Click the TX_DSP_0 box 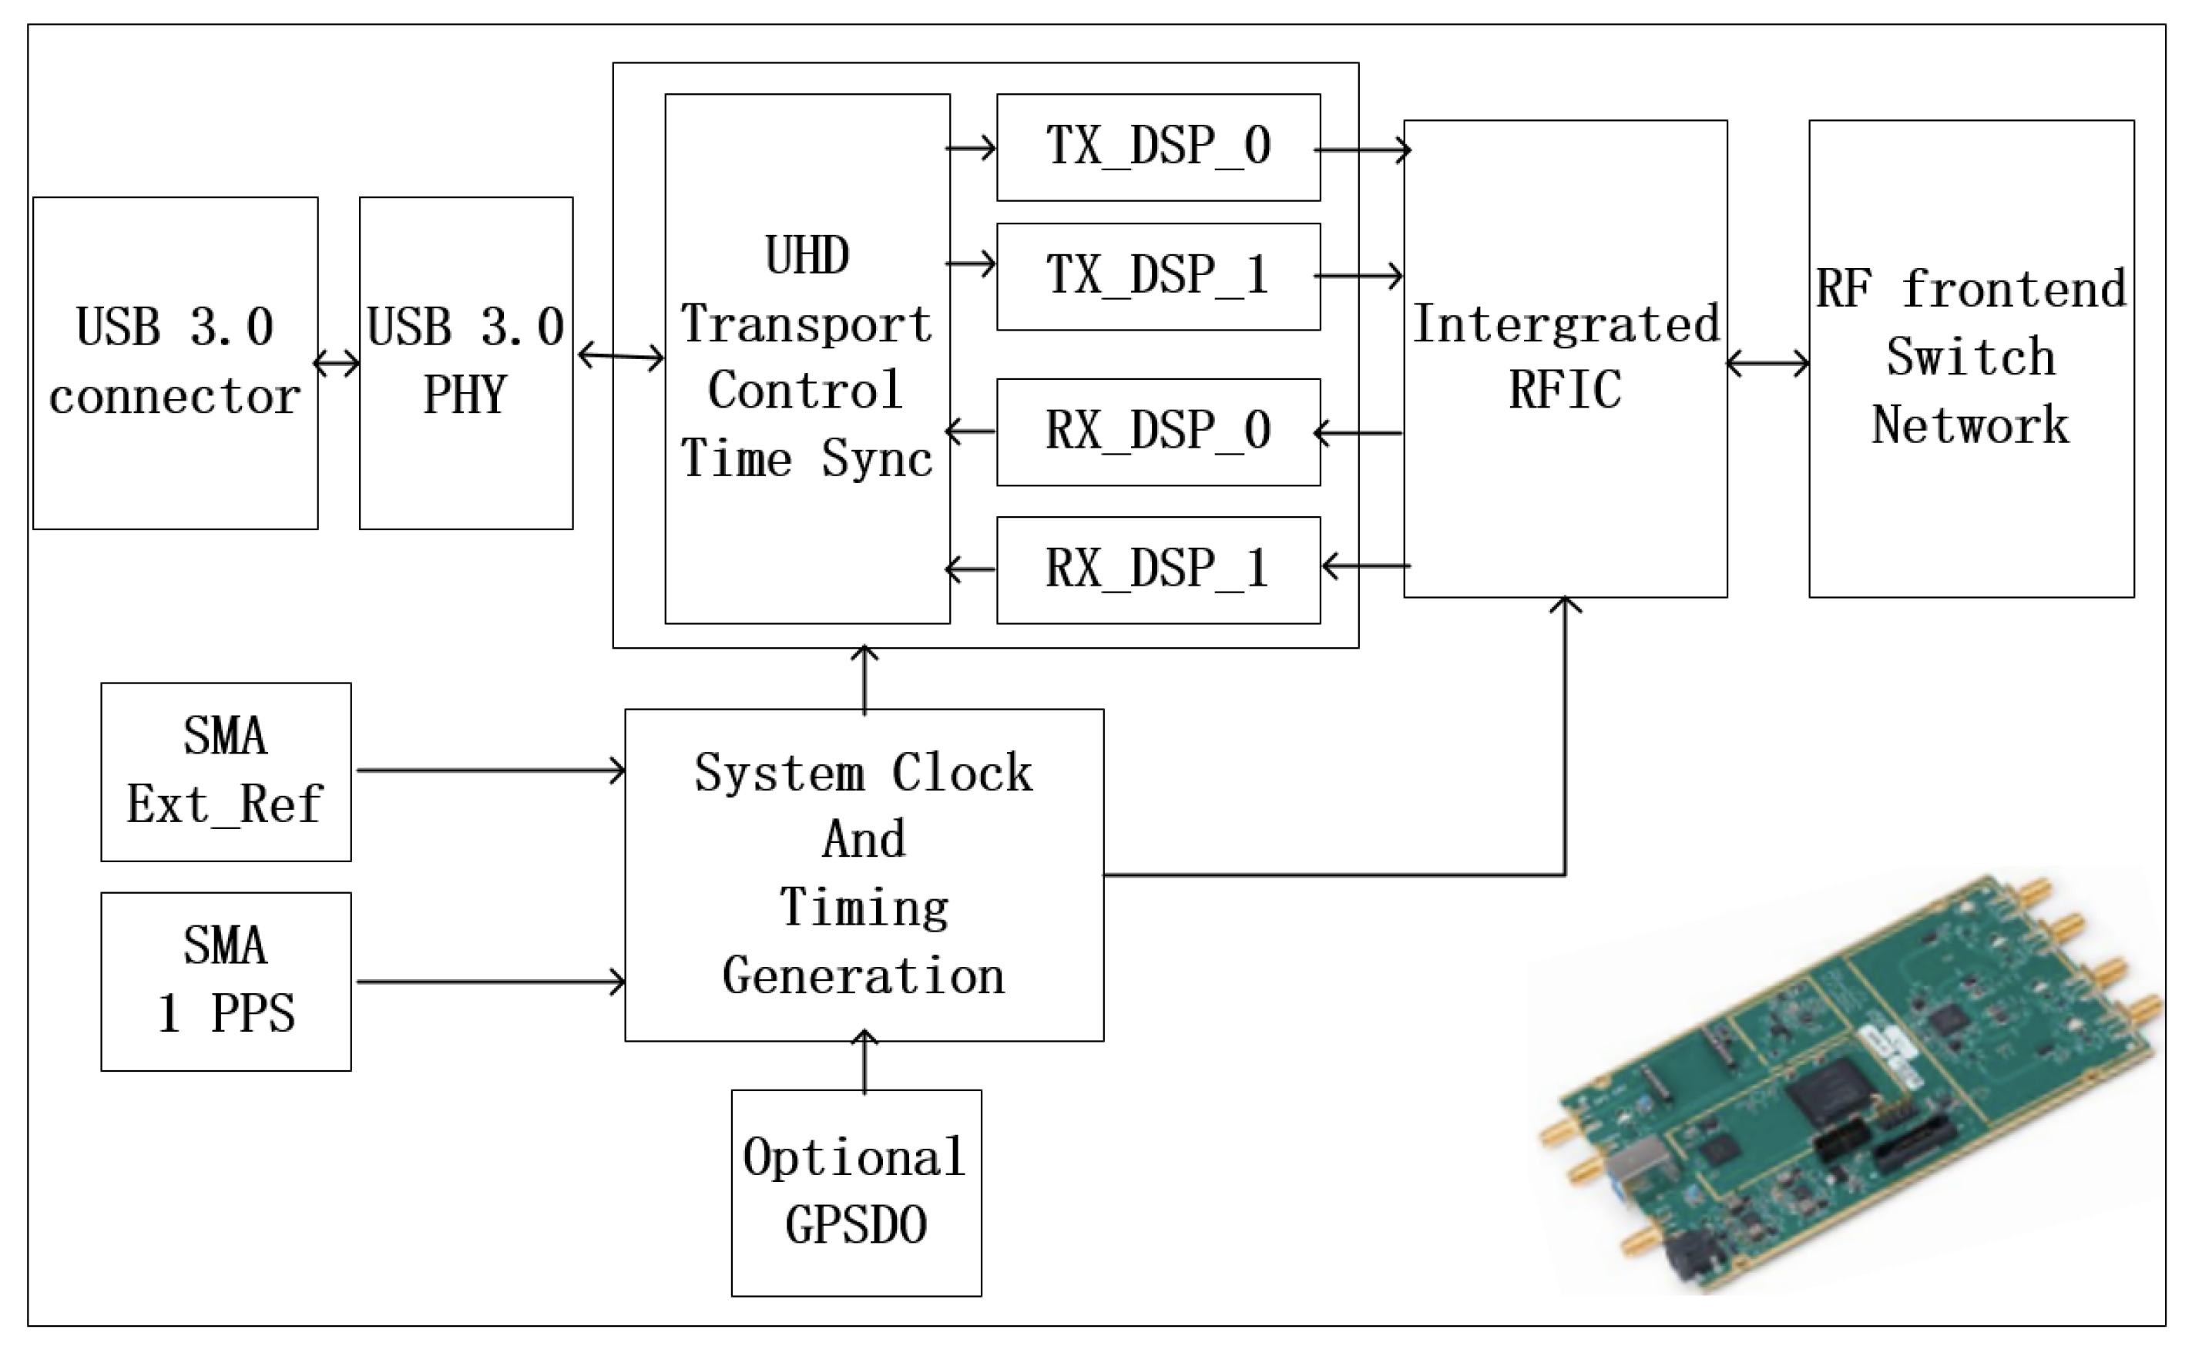(x=1158, y=146)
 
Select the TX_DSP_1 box (x=1158, y=277)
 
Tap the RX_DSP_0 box (x=1158, y=432)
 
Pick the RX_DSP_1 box (x=1158, y=570)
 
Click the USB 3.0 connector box (x=176, y=362)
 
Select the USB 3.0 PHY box (x=465, y=362)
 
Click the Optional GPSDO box (x=855, y=1192)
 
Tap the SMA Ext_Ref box (x=226, y=771)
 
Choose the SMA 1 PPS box (x=226, y=981)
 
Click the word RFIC (x=1565, y=391)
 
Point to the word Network (x=1970, y=425)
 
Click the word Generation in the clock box (x=864, y=976)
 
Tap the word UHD (x=807, y=257)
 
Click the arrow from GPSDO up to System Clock (x=864, y=1064)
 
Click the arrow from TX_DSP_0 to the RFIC (x=1361, y=149)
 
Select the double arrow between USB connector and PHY (x=337, y=364)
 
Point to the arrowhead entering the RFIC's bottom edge (x=1565, y=604)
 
